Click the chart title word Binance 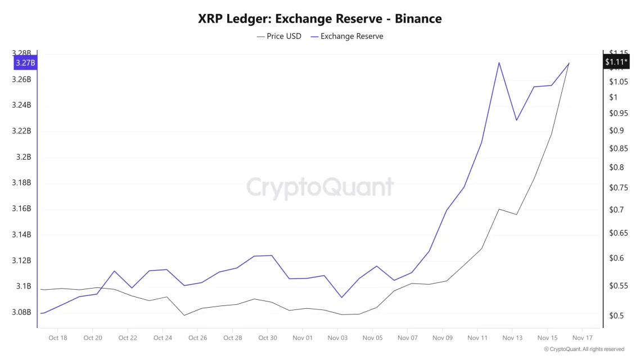(418, 19)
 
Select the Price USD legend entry (279, 36)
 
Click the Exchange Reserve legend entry (346, 36)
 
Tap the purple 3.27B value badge (25, 62)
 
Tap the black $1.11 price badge (616, 62)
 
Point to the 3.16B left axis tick (21, 209)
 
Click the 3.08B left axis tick (21, 312)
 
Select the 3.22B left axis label (21, 131)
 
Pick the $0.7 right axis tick (616, 210)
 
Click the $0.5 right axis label (616, 316)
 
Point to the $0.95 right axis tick (619, 113)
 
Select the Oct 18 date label (58, 338)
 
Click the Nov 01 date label (303, 338)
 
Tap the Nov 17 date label (582, 338)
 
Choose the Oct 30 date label (268, 338)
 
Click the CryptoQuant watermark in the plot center (320, 187)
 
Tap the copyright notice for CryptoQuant (584, 349)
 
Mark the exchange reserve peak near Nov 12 (499, 62)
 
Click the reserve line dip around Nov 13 (516, 120)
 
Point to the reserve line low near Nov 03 (341, 298)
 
